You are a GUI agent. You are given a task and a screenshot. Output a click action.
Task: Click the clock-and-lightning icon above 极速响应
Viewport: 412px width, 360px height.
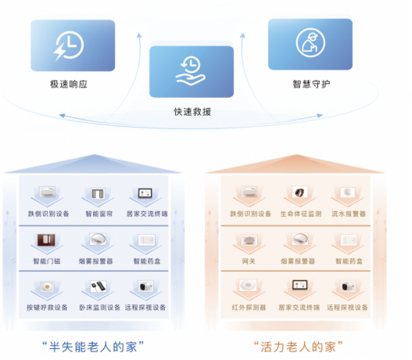coord(69,45)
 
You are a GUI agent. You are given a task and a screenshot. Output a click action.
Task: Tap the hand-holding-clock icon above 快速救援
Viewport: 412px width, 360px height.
coord(191,70)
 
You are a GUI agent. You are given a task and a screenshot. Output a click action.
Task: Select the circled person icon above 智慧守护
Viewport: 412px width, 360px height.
coord(310,42)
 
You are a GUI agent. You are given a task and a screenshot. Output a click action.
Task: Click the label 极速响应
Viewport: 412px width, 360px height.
coord(69,85)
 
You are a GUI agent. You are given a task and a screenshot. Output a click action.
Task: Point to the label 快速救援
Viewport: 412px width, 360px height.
coord(192,112)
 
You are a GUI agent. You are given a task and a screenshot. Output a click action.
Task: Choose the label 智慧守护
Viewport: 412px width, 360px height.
coord(311,85)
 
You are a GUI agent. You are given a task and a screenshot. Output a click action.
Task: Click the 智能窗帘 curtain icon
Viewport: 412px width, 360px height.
coord(98,193)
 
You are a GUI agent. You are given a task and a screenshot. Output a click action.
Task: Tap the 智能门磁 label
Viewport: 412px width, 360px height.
coord(47,261)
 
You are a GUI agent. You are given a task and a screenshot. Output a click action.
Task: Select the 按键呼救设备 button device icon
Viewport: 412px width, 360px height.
coord(47,286)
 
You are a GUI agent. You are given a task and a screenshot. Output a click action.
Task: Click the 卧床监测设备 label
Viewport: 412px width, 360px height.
coord(100,308)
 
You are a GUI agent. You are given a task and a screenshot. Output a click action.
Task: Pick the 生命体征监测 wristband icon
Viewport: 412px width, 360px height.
coord(299,193)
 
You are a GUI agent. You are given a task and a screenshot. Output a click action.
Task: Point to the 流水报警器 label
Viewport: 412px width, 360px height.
coord(349,214)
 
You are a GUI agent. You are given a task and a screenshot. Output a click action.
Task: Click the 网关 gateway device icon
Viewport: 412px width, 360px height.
coord(249,239)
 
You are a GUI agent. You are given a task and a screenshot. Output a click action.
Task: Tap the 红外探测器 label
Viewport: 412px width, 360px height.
coord(249,308)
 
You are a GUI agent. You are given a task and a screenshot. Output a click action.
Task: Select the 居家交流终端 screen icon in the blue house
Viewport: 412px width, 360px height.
coord(145,193)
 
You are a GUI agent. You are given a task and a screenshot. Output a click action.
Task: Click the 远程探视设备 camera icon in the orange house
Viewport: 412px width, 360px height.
coord(349,286)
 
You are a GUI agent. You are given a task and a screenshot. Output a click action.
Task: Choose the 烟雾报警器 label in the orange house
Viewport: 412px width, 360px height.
coord(298,261)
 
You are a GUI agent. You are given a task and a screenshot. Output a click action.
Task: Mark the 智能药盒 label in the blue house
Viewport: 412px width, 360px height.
coord(147,261)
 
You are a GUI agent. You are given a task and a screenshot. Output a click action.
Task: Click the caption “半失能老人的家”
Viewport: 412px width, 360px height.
coord(93,347)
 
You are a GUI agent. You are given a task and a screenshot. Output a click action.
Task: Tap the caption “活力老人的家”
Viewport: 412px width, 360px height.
coord(299,347)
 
